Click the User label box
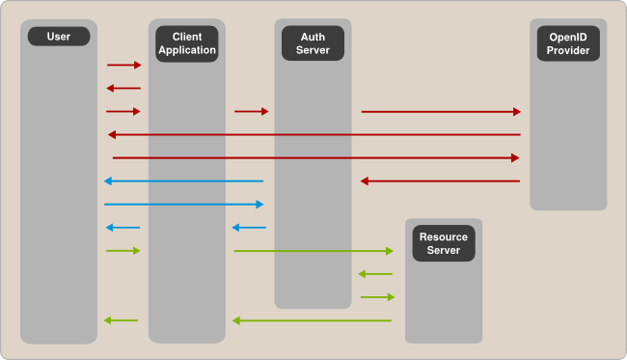(x=59, y=37)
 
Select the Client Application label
(x=186, y=42)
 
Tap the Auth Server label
(x=313, y=42)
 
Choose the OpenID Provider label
(x=568, y=42)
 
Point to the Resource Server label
(x=444, y=243)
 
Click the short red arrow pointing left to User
(x=123, y=89)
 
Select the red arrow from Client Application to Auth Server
(x=251, y=112)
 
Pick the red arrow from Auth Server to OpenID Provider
(x=441, y=112)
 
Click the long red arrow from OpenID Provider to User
(x=313, y=135)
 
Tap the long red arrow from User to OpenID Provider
(x=315, y=157)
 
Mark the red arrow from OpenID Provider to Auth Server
(x=440, y=181)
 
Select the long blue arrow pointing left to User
(x=183, y=181)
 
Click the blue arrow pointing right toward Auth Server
(x=183, y=205)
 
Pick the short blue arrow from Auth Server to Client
(x=250, y=228)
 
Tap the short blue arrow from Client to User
(x=123, y=228)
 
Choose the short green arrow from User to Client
(x=123, y=251)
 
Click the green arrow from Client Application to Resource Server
(x=313, y=251)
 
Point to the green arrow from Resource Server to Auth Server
(x=375, y=274)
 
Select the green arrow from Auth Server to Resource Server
(x=377, y=297)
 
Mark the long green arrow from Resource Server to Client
(x=312, y=320)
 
